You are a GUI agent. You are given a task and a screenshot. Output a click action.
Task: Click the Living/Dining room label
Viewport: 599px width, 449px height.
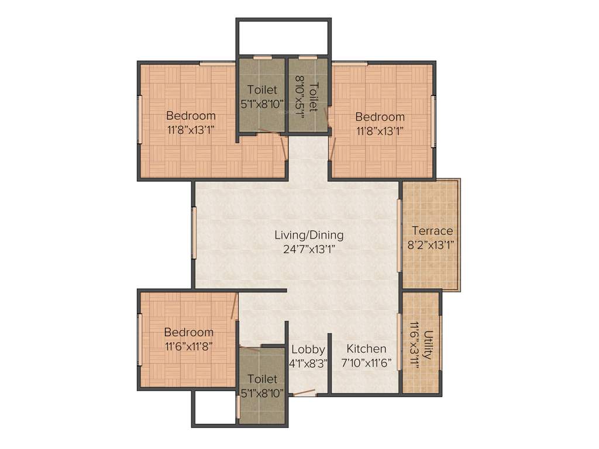pos(309,235)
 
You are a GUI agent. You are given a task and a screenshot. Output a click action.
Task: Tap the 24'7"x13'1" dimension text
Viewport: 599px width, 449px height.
pos(309,248)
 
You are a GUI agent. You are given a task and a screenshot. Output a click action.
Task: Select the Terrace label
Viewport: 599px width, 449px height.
pos(432,230)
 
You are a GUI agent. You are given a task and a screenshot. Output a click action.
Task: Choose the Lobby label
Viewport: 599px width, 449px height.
pos(308,349)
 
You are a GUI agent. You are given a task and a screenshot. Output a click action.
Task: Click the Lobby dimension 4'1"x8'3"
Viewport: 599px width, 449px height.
pos(308,362)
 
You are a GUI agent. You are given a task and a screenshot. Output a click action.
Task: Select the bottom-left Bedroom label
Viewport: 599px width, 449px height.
pos(188,332)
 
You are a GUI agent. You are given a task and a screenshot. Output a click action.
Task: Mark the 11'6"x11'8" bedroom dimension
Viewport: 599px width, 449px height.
pos(188,346)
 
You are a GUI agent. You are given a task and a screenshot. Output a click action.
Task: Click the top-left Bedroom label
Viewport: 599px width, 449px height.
pos(191,115)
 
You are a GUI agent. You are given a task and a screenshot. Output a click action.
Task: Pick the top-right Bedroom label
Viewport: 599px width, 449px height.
pos(380,116)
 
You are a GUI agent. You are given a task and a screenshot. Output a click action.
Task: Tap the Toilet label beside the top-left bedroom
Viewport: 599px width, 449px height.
pos(262,90)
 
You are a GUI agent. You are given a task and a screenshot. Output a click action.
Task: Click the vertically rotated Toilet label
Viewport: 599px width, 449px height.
pos(314,97)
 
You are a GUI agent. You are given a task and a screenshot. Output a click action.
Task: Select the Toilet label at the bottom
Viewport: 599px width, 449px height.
pos(262,379)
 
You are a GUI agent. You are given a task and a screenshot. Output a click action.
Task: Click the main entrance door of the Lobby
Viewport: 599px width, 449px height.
pos(304,393)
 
